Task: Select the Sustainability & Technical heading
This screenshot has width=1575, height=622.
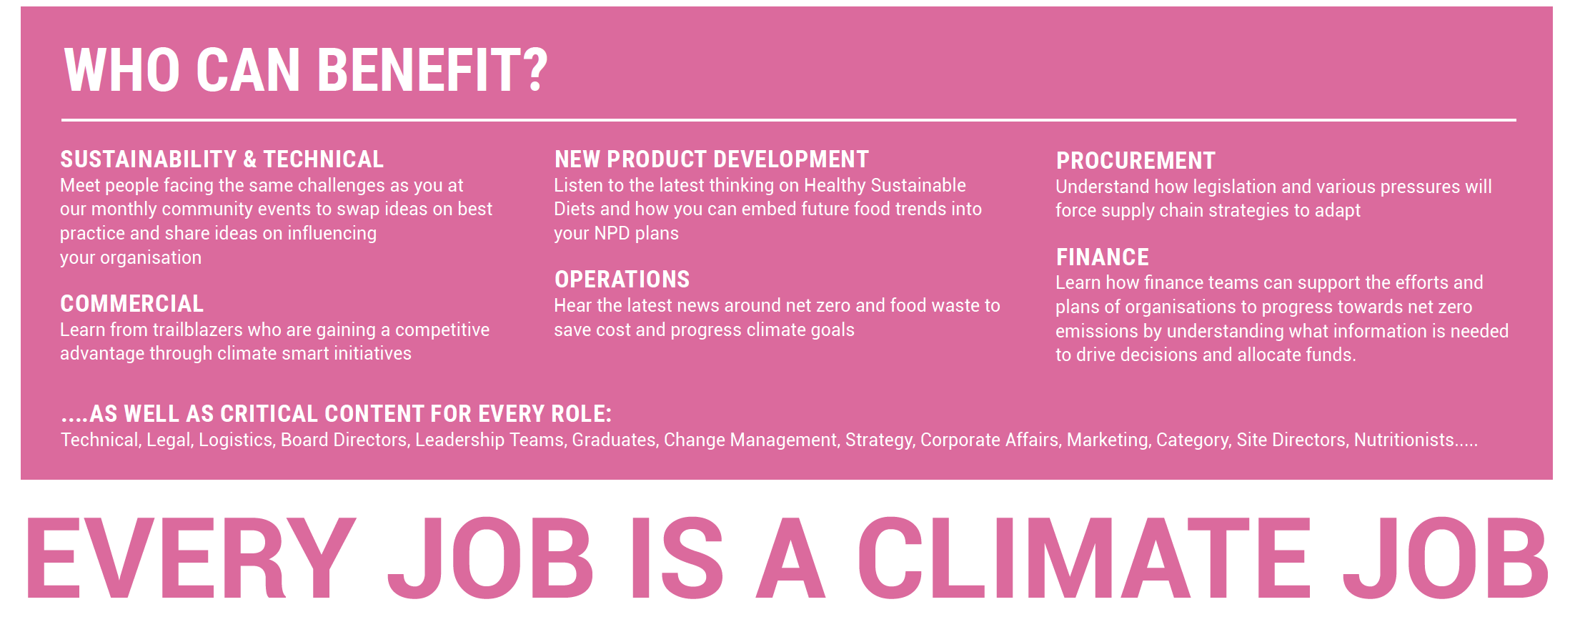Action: (222, 159)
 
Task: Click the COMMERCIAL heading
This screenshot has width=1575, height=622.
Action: (132, 303)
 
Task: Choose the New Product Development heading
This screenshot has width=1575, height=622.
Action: (712, 159)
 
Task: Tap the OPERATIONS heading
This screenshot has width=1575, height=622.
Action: (622, 279)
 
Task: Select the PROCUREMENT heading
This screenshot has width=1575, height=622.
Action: (1136, 160)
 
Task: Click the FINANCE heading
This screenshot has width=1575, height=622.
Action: (1103, 257)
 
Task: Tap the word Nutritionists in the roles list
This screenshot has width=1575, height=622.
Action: (1404, 440)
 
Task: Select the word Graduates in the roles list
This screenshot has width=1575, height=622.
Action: (615, 440)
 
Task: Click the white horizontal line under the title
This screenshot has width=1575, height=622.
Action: (789, 120)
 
